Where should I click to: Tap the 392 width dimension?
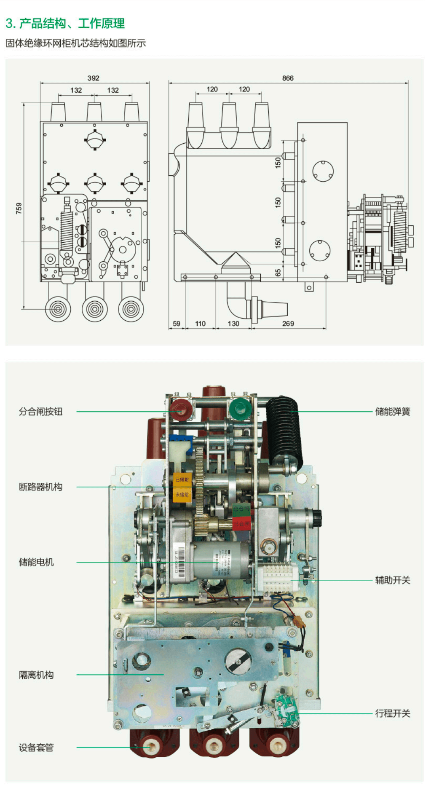pos(93,78)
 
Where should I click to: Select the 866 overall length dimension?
pos(288,78)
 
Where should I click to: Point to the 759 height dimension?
pos(19,208)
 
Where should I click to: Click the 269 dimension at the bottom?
pos(288,324)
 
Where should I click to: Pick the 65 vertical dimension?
pos(278,272)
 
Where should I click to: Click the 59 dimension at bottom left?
pos(177,324)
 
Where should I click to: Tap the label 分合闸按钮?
pos(40,412)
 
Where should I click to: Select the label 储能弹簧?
pos(393,412)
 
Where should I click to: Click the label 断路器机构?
pos(40,487)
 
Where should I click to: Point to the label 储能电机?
pos(36,562)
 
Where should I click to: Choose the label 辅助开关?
pos(393,580)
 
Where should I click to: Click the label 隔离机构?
pos(36,675)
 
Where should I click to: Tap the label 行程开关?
pos(393,713)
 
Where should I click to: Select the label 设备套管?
pos(36,748)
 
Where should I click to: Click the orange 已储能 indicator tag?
pos(182,480)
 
